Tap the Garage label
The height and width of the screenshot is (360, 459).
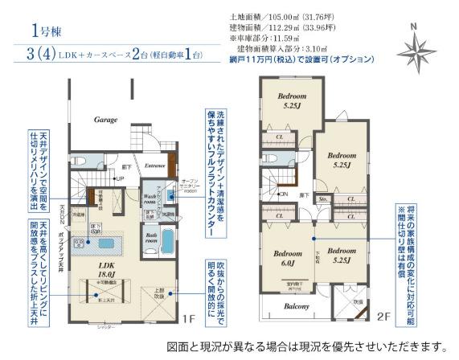[106, 118]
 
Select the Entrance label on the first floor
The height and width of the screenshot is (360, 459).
[155, 166]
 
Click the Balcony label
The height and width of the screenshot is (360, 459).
[297, 307]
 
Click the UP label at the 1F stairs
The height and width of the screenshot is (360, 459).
[121, 178]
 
